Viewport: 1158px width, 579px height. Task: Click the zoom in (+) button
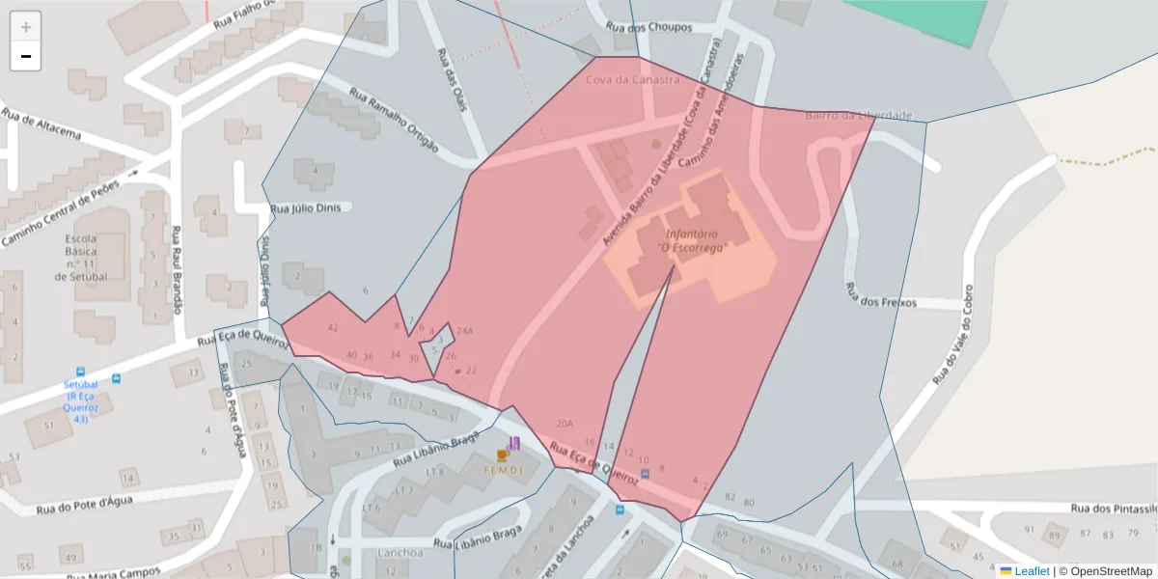coord(26,27)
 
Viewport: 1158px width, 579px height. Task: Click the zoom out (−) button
coord(26,56)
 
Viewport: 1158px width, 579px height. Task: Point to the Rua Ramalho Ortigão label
coord(394,122)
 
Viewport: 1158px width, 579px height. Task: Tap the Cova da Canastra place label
coord(632,80)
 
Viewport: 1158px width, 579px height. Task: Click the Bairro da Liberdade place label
coord(858,116)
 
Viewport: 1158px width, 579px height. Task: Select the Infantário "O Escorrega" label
coord(691,240)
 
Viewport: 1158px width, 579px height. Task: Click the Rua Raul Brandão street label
coord(177,270)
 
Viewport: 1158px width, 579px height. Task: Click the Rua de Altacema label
coord(41,127)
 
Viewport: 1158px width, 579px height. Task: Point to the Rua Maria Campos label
coord(114,573)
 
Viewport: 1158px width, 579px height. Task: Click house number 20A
coord(565,424)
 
